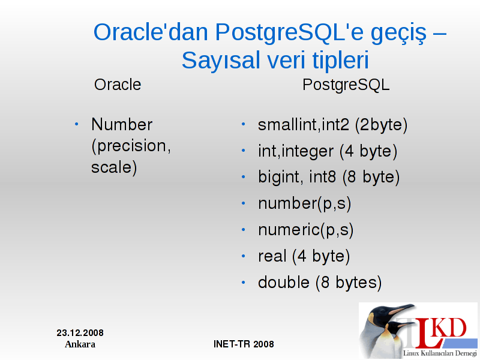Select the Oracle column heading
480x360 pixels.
coord(118,85)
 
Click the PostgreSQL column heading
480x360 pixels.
coord(346,85)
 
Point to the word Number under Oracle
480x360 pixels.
coord(122,125)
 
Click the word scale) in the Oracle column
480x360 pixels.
coord(114,168)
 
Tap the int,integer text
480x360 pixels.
coord(296,152)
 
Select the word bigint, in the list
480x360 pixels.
coord(281,178)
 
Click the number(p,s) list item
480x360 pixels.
coord(305,204)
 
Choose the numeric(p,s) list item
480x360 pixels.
coord(306,230)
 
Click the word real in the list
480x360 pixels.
coord(272,256)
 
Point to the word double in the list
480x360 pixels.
coord(284,282)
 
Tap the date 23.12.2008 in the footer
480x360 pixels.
coord(80,333)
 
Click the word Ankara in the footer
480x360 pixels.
coord(80,344)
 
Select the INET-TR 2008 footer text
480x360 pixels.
coord(244,344)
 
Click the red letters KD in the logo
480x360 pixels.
coord(449,328)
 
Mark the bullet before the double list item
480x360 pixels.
coord(244,282)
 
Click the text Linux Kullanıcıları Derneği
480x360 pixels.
coord(440,353)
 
